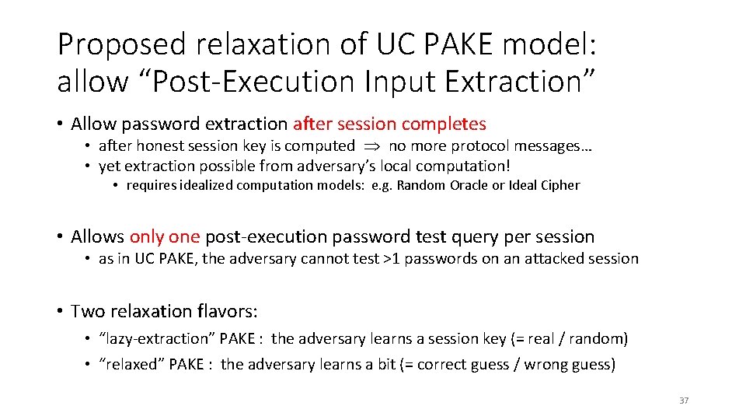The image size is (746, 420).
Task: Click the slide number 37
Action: pos(684,401)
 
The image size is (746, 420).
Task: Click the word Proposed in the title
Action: pos(120,45)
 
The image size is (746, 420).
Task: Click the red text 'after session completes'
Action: pos(389,124)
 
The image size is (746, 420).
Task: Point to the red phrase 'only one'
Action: pos(165,236)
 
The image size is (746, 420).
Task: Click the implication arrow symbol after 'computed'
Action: pos(371,146)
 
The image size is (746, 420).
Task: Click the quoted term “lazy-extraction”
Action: pos(158,338)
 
